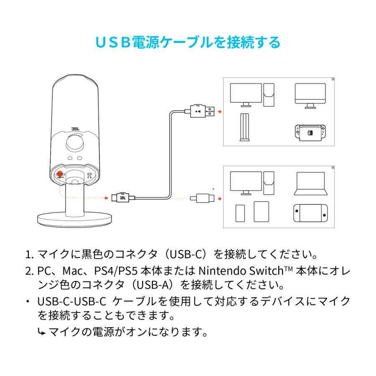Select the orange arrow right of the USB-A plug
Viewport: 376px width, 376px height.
tap(221, 112)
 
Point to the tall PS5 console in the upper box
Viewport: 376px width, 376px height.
tap(243, 128)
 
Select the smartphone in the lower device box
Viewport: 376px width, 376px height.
tap(240, 213)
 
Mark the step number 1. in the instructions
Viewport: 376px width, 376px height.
tap(30, 254)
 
